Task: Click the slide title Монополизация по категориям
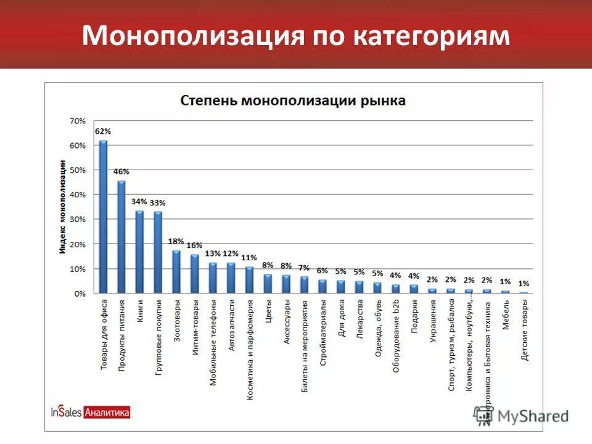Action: [x=296, y=35]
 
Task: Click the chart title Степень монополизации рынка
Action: [x=293, y=101]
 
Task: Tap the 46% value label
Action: [x=121, y=171]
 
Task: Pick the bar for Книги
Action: [x=139, y=252]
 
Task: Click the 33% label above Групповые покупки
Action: [x=158, y=202]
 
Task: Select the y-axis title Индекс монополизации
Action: [x=63, y=206]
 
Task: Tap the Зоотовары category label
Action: [x=176, y=318]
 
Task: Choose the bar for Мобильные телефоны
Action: [x=213, y=277]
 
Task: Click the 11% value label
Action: [x=249, y=258]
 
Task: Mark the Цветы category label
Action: [x=268, y=311]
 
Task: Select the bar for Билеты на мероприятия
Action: [x=304, y=285]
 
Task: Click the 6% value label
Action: [x=323, y=270]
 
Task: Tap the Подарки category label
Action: [x=414, y=316]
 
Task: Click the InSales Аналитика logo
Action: [x=91, y=413]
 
